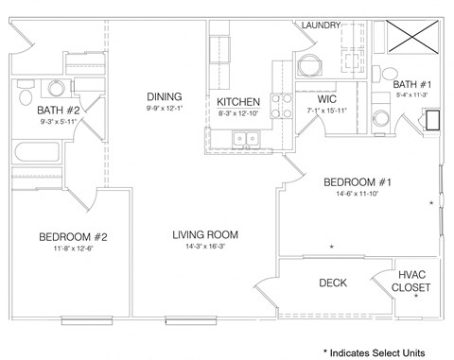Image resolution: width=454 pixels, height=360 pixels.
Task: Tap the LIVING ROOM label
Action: (204, 234)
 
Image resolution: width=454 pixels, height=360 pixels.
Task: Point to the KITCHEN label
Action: (238, 102)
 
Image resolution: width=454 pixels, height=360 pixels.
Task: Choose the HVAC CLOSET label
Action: (412, 281)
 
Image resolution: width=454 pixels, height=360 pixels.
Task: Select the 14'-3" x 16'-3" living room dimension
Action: (204, 249)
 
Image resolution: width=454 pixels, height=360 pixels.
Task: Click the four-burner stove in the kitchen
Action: (281, 102)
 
